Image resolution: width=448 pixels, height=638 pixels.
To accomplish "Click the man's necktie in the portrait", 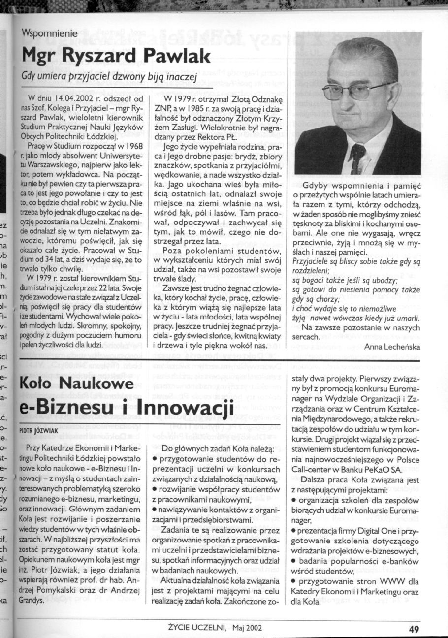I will pos(358,157).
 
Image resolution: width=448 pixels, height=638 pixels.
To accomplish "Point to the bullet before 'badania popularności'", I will pos(293,562).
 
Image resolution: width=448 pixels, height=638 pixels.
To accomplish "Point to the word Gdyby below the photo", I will pos(319,187).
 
